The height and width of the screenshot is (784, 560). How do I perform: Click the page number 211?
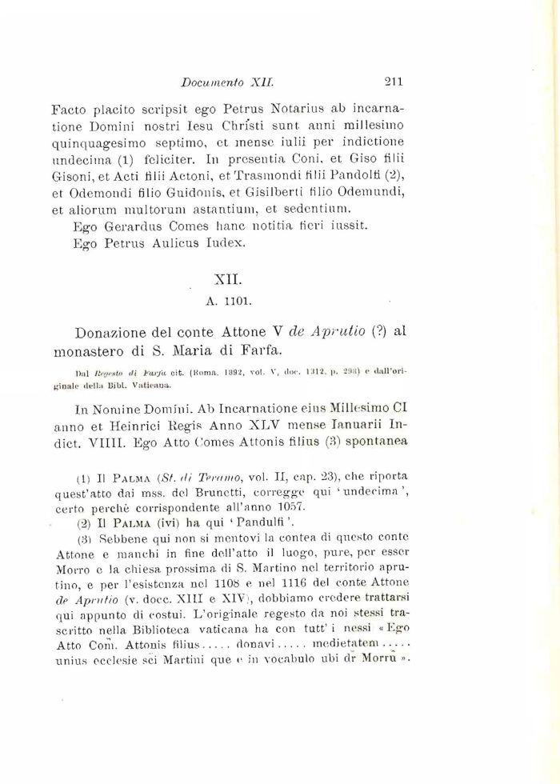[x=397, y=81]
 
